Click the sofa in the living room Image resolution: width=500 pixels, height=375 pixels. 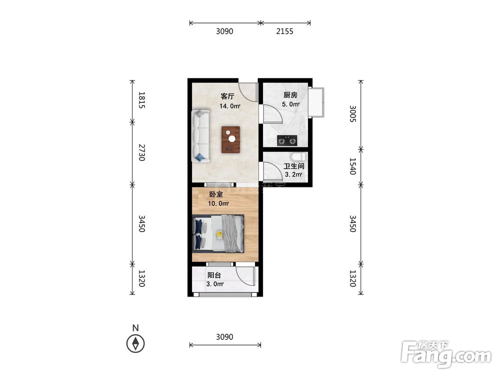200,136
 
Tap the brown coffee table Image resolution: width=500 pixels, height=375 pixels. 231,139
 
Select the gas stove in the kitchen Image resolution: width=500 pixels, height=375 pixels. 287,140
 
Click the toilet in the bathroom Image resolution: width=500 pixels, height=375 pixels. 298,156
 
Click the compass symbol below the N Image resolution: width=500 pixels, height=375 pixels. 135,344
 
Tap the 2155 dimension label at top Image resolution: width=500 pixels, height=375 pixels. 284,31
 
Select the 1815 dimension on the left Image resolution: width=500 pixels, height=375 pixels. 142,100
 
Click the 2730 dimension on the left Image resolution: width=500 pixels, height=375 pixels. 142,152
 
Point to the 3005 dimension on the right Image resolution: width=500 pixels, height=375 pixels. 352,114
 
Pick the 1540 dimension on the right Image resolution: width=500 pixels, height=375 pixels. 352,166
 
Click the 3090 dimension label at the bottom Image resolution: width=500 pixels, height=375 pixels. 224,336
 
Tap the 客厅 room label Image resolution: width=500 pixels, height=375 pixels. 227,96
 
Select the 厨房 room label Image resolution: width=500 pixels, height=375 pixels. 290,94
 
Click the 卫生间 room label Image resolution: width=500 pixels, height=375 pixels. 293,166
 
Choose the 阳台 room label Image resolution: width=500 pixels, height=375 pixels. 214,275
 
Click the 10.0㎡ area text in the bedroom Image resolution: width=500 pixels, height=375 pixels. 218,203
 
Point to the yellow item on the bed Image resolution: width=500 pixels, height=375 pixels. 219,234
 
